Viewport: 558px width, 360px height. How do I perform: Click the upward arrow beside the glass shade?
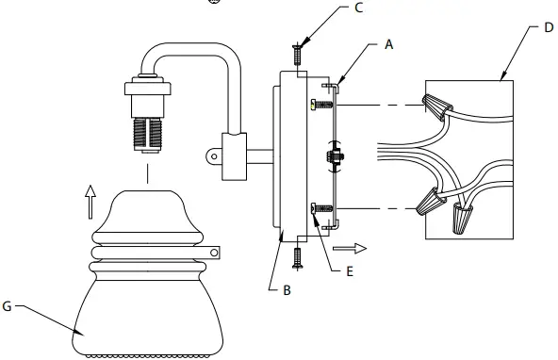pyautogui.click(x=90, y=199)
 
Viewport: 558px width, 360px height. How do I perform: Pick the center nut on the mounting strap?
pyautogui.click(x=335, y=156)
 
